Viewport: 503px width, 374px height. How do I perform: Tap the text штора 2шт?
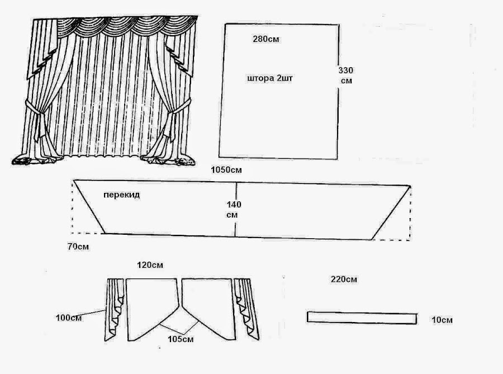pos(269,79)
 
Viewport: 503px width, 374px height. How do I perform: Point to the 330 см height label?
pos(346,75)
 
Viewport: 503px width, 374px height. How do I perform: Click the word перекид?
pos(121,195)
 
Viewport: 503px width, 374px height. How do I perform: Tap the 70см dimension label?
pos(78,246)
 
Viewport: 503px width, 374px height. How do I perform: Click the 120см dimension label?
pos(151,265)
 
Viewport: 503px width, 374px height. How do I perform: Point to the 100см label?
pos(68,318)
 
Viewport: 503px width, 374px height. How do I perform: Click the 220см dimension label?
pos(344,279)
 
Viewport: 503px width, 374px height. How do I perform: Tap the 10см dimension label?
pos(442,320)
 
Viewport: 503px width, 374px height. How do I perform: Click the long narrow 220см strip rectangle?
pos(362,318)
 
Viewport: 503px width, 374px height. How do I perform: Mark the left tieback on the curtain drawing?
pos(35,112)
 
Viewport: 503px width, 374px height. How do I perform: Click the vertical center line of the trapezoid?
pos(236,210)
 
